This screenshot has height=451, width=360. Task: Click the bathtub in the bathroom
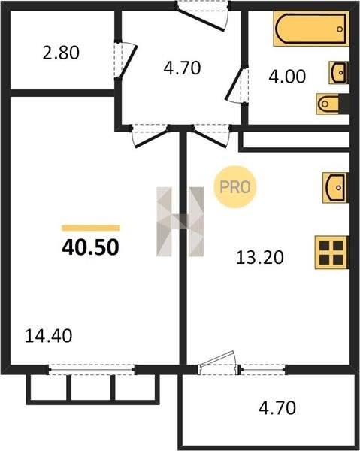click(x=311, y=29)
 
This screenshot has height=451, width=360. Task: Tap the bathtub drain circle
click(x=340, y=29)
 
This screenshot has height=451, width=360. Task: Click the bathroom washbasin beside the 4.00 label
click(x=339, y=72)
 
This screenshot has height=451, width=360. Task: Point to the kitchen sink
click(x=335, y=187)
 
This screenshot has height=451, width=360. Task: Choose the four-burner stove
click(x=332, y=253)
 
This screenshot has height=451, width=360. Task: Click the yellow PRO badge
click(x=235, y=187)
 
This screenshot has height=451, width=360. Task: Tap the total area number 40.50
click(x=90, y=247)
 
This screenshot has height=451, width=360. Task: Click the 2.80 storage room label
click(x=61, y=53)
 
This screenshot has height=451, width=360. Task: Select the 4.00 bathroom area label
click(x=287, y=77)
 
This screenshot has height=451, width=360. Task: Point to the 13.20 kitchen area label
click(x=259, y=257)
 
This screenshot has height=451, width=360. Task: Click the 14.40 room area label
click(x=48, y=336)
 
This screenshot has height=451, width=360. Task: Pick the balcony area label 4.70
click(x=277, y=408)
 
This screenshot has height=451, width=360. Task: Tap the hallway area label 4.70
click(x=182, y=68)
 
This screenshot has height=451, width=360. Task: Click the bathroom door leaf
click(x=234, y=83)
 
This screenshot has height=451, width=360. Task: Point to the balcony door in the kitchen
click(x=218, y=363)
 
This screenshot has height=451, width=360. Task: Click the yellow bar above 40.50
click(x=91, y=228)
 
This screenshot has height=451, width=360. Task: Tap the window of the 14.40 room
click(x=92, y=369)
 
